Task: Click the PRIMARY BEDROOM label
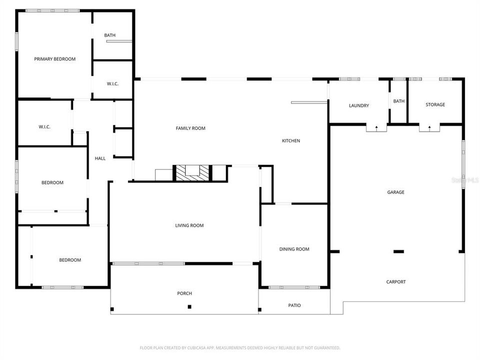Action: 54,59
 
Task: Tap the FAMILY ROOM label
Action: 190,128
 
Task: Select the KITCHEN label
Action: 291,141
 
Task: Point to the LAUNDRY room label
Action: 358,105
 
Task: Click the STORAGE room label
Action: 435,104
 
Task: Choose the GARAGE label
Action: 395,192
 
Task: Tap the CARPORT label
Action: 396,282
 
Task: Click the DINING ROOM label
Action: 294,249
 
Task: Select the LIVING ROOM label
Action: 189,225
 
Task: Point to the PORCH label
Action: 184,293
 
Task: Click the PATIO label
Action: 294,305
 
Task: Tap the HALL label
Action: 100,158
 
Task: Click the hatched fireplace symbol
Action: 192,172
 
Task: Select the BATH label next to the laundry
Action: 398,101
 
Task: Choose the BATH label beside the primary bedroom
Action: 109,35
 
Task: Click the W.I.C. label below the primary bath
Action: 112,83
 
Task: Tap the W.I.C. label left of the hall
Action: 44,127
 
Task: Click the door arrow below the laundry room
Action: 376,128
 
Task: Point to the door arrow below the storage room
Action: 429,128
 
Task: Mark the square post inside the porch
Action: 189,306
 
